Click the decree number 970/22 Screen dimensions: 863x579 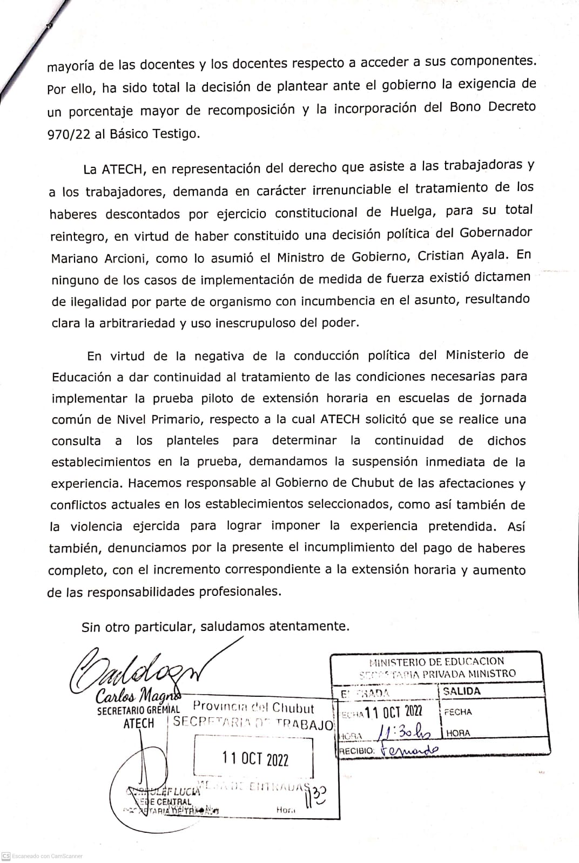(68, 134)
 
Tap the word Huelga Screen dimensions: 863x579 (413, 211)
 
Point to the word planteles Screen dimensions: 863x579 (193, 440)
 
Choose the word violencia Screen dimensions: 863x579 (96, 526)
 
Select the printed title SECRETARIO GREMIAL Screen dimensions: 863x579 (138, 711)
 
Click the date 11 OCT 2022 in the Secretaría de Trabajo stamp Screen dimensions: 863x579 (255, 759)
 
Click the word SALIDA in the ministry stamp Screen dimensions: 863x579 (461, 691)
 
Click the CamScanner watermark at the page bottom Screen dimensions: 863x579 (43, 856)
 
